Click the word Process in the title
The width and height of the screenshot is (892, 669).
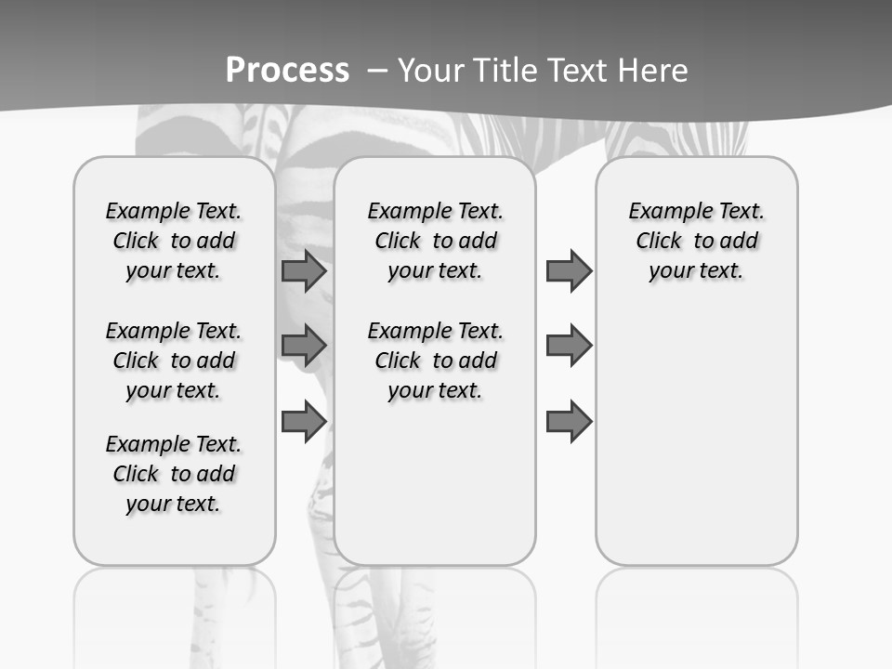[287, 70]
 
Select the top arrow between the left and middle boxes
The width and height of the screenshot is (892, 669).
[304, 271]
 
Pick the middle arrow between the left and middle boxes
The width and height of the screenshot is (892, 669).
[304, 346]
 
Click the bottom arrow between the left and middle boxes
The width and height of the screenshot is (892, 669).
[304, 422]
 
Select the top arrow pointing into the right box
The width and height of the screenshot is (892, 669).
[569, 271]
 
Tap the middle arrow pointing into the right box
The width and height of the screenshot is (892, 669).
[569, 346]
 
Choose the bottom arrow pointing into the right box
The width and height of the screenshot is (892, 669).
[569, 422]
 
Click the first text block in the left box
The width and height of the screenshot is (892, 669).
[174, 241]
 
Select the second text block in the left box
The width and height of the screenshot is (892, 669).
[174, 361]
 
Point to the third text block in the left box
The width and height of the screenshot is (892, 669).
[174, 474]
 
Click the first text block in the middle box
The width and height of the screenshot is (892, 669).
[435, 241]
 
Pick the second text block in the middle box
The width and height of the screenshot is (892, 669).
[435, 361]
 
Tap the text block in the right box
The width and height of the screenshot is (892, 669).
[696, 241]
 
